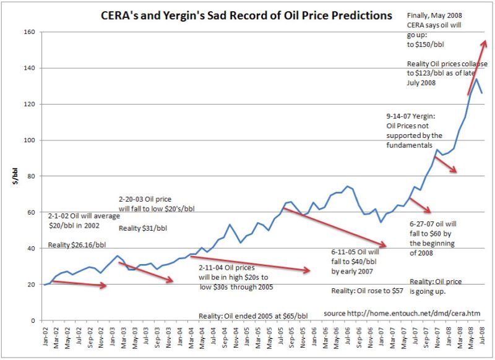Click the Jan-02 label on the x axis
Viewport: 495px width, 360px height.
(45, 337)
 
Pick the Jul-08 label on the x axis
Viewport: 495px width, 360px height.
(481, 337)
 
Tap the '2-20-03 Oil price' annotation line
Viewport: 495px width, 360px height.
(147, 199)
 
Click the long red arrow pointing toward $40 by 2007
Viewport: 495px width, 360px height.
(334, 227)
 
